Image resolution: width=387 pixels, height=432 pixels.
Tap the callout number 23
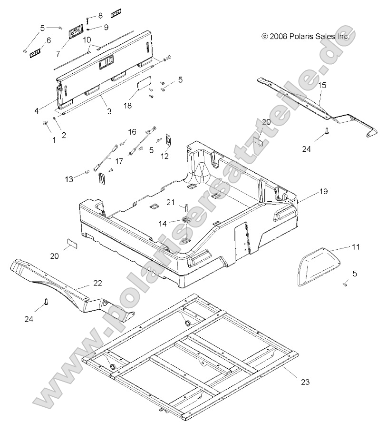[x=305, y=381]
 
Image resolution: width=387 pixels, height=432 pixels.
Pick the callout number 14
[x=163, y=209]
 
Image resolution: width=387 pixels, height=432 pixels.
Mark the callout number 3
[x=109, y=111]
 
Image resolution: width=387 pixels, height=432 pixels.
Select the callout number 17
[x=119, y=161]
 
